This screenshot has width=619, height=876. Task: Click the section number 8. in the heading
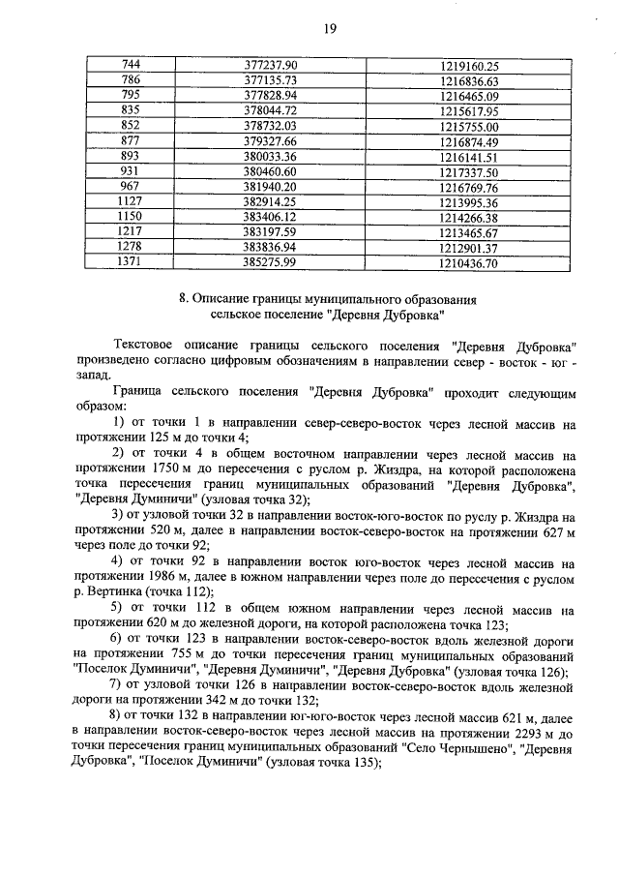(x=185, y=299)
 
